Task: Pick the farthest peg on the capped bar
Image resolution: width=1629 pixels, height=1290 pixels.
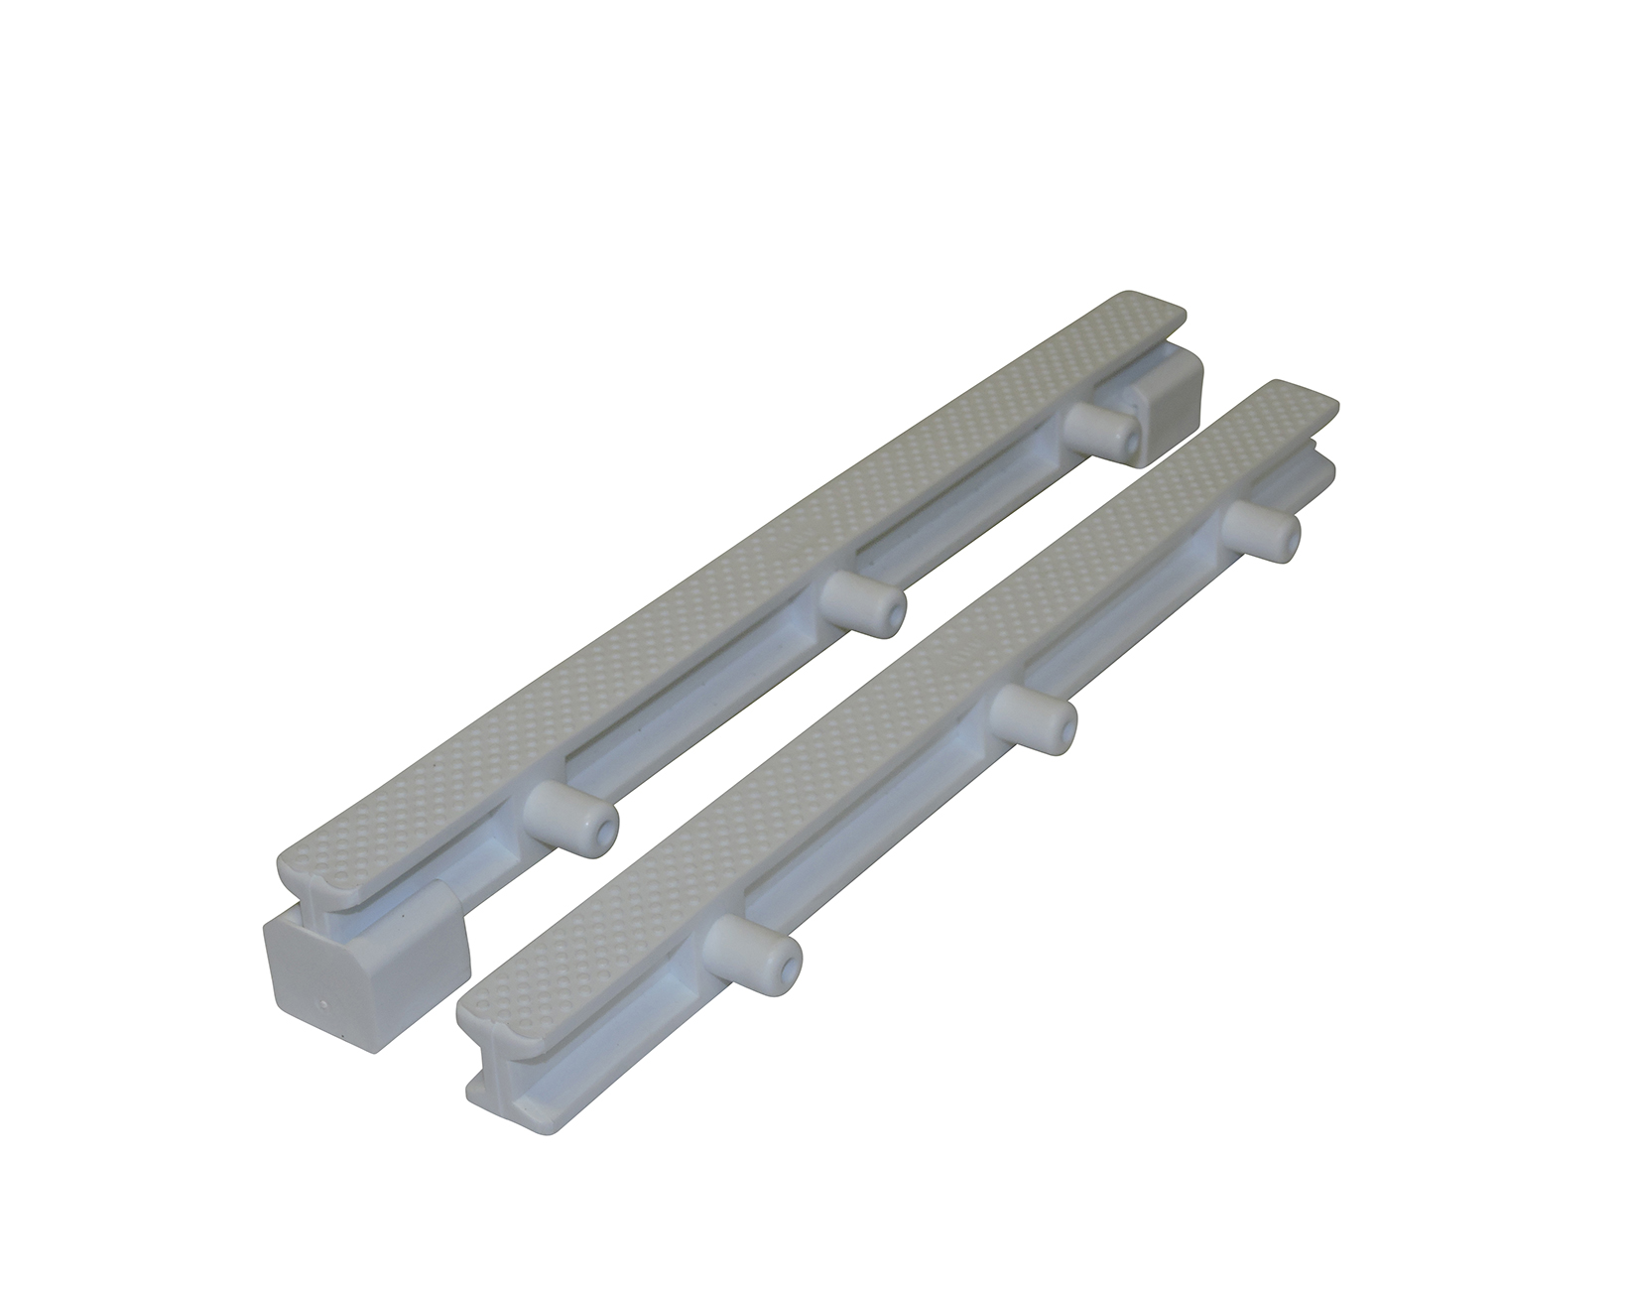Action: [1103, 427]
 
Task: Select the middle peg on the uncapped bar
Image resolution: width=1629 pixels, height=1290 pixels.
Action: [1032, 717]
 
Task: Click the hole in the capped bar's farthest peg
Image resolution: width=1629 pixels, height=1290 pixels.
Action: [1129, 437]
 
